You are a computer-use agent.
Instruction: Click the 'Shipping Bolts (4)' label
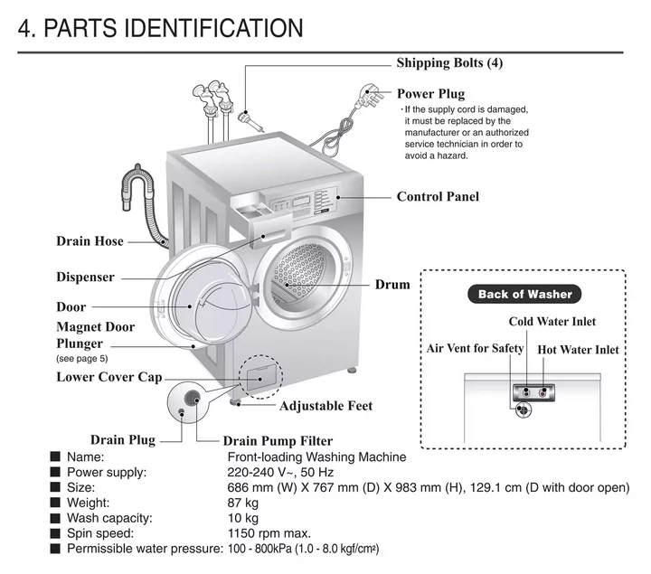[x=449, y=63]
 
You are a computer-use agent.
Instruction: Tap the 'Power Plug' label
[x=430, y=94]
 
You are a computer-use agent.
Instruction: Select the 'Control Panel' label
[x=438, y=196]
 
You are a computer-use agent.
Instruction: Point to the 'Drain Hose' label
[x=90, y=241]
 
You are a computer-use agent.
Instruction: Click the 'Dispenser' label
[x=85, y=277]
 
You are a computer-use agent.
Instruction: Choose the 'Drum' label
[x=392, y=285]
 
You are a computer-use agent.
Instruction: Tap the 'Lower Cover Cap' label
[x=109, y=377]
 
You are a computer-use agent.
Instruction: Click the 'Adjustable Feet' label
[x=325, y=406]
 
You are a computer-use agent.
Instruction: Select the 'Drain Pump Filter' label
[x=278, y=441]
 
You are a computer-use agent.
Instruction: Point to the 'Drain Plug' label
[x=123, y=440]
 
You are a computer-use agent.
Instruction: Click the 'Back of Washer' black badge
[x=524, y=295]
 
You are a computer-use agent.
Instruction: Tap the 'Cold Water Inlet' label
[x=552, y=322]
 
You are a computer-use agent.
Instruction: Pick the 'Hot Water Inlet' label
[x=578, y=350]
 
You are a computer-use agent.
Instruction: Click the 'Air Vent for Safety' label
[x=475, y=349]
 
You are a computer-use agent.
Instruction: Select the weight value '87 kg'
[x=242, y=503]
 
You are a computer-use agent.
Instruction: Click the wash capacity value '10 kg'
[x=242, y=518]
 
